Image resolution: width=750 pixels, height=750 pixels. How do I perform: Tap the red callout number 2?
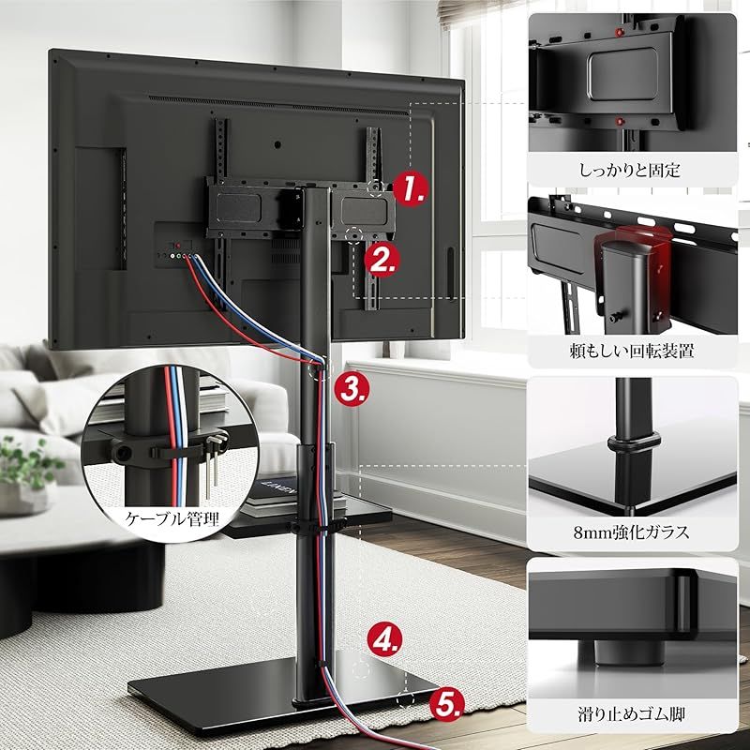382,258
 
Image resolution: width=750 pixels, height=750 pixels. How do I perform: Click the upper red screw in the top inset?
618,32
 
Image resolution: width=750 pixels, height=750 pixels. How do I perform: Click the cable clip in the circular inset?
159,450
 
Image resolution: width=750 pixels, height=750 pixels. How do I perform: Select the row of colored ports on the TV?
176,255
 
